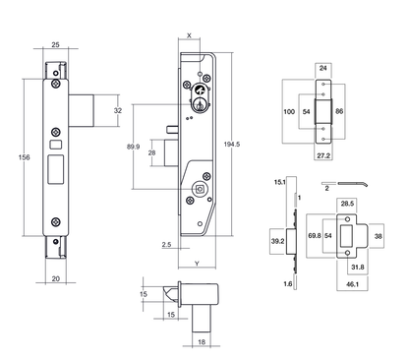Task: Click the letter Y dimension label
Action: (x=198, y=265)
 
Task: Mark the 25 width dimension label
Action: (x=56, y=46)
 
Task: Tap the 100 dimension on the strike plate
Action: (x=288, y=113)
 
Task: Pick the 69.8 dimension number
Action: (x=315, y=237)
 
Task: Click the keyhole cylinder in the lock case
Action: (x=201, y=99)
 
